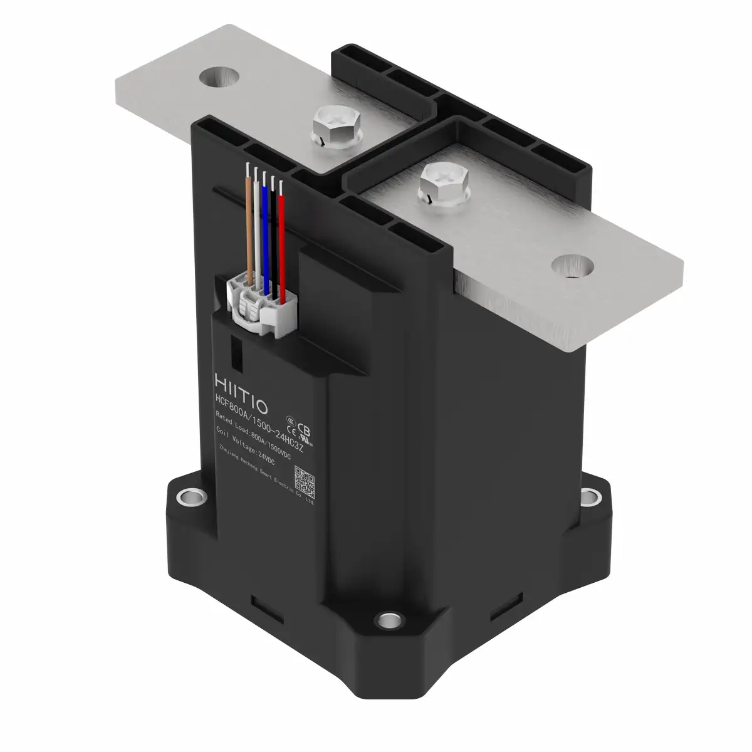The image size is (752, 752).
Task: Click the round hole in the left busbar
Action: [219, 76]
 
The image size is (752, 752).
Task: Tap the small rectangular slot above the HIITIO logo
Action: [236, 352]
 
